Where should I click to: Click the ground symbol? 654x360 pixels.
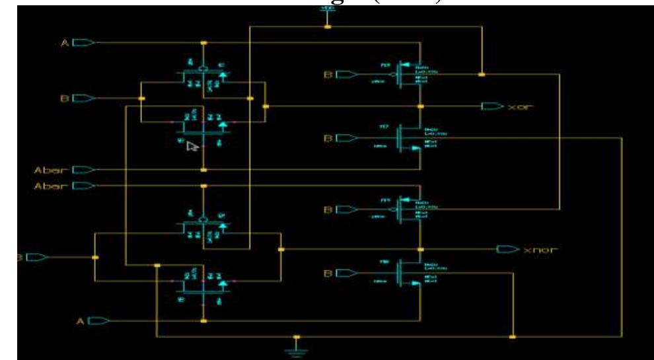pyautogui.click(x=296, y=349)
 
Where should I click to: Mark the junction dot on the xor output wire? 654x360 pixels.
pyautogui.click(x=421, y=106)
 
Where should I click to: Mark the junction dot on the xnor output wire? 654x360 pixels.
pyautogui.click(x=421, y=250)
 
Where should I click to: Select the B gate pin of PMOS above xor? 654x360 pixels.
pyautogui.click(x=344, y=75)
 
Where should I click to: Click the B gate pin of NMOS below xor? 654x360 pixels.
pyautogui.click(x=344, y=139)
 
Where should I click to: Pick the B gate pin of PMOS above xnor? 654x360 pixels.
pyautogui.click(x=344, y=210)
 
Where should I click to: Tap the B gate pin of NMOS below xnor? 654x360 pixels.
pyautogui.click(x=344, y=272)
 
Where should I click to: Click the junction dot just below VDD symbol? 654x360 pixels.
pyautogui.click(x=327, y=27)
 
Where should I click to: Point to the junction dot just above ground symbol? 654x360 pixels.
pyautogui.click(x=296, y=337)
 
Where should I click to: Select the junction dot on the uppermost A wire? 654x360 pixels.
pyautogui.click(x=203, y=44)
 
